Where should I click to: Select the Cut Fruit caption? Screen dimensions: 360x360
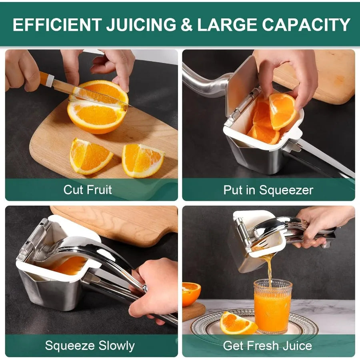pos(88,189)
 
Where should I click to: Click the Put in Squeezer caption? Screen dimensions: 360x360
pos(268,190)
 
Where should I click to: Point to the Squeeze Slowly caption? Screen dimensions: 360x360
pos(90,345)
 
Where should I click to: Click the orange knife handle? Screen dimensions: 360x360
pos(45,79)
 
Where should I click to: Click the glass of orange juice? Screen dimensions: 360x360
pos(273,306)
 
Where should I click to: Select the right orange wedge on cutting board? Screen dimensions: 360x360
pos(142,160)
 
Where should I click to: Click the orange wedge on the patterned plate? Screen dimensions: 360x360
pos(238,324)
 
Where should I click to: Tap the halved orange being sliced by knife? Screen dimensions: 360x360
pos(98,107)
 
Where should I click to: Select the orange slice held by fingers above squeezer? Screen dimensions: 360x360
pos(282,110)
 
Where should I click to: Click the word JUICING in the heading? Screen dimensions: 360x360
pos(141,25)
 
